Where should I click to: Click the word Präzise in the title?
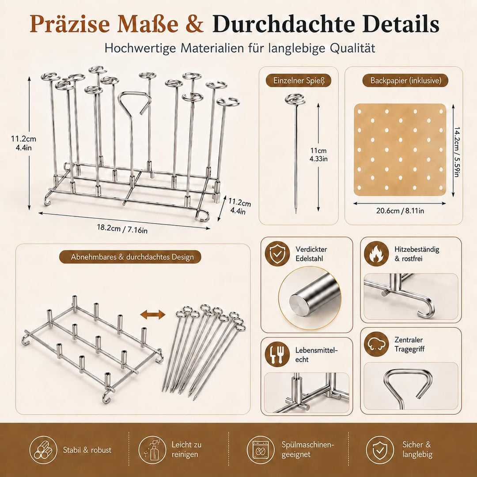pyautogui.click(x=70, y=24)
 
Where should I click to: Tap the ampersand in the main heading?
pyautogui.click(x=193, y=24)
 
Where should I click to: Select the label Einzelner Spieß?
pyautogui.click(x=299, y=81)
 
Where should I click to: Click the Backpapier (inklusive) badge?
pyautogui.click(x=405, y=81)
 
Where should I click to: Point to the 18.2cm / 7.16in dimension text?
pyautogui.click(x=122, y=228)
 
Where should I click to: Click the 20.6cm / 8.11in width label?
pyautogui.click(x=400, y=211)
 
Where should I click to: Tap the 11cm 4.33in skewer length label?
pyautogui.click(x=318, y=155)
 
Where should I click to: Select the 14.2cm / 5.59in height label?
pyautogui.click(x=456, y=151)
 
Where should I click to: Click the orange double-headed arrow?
pyautogui.click(x=153, y=314)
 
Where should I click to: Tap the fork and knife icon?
pyautogui.click(x=277, y=355)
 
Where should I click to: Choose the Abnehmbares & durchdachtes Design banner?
pyautogui.click(x=132, y=257)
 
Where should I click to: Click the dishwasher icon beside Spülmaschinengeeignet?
pyautogui.click(x=261, y=450)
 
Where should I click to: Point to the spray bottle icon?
pyautogui.click(x=152, y=450)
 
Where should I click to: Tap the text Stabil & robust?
pyautogui.click(x=87, y=450)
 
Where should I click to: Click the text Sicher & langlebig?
pyautogui.click(x=417, y=449)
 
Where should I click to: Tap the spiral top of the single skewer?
pyautogui.click(x=295, y=99)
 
